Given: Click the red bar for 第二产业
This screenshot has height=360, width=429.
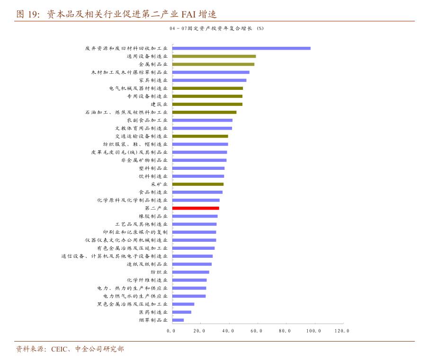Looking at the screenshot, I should coord(196,208).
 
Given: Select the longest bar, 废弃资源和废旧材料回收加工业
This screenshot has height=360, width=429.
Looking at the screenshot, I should coord(241,48).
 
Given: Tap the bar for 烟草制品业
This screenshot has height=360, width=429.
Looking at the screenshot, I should coord(178,320).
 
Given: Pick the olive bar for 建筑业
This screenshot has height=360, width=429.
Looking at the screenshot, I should coord(207,104).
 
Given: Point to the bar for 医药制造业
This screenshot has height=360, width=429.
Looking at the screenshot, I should coord(182,312).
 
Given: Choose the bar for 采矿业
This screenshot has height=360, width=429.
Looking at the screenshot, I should coord(198,184).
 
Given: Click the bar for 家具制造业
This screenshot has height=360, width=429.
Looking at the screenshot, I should coord(209,80).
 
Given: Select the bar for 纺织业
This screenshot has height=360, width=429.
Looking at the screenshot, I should coord(190,272).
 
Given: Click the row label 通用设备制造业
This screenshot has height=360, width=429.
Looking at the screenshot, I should coord(147,56).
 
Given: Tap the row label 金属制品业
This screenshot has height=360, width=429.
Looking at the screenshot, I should coord(153,64).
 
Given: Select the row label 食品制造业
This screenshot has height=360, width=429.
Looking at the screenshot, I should coord(153,192).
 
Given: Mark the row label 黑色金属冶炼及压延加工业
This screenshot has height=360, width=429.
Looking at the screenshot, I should coord(132,304).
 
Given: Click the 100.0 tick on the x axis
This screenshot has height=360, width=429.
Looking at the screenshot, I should coord(313,331).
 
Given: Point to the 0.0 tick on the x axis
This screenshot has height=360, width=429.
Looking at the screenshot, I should coord(171,331).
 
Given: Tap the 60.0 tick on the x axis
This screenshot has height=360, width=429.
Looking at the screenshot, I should coord(257,331).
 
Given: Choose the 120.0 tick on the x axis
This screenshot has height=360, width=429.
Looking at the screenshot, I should coord(342,331).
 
